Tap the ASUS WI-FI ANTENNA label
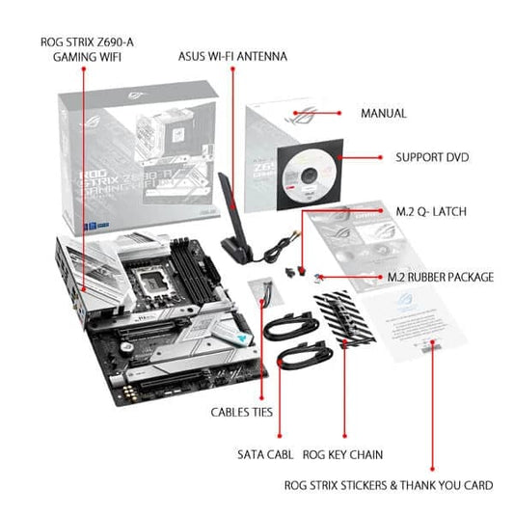click(x=232, y=56)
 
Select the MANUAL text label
click(x=383, y=113)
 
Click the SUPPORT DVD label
click(x=432, y=156)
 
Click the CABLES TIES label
click(x=242, y=412)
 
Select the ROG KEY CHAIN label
click(x=344, y=453)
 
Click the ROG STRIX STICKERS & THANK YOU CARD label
click(x=388, y=485)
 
